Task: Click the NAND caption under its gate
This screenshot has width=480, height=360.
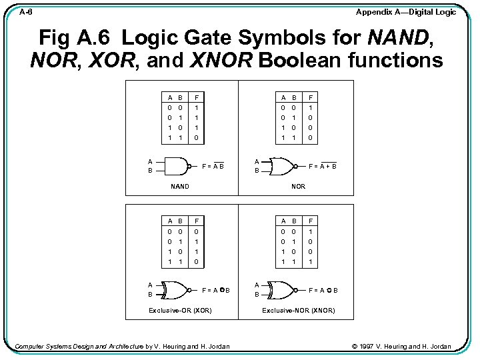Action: pos(180,187)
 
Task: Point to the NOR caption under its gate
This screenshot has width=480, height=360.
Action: pos(299,187)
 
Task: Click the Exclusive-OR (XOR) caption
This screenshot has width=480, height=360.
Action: pos(180,311)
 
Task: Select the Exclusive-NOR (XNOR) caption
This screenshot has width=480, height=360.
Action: pos(299,311)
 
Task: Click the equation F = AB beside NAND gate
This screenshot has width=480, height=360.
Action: pos(213,165)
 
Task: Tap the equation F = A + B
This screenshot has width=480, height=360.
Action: pos(322,165)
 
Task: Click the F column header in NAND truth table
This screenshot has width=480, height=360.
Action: pos(195,96)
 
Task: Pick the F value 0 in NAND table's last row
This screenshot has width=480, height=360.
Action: pos(195,138)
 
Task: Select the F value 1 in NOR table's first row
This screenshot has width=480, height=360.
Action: pos(310,107)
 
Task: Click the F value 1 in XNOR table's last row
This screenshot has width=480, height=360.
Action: pos(310,263)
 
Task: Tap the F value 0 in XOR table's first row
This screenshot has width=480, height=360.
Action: pos(195,231)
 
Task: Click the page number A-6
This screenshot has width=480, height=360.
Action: pos(26,12)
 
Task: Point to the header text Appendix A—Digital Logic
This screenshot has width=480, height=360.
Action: pos(406,12)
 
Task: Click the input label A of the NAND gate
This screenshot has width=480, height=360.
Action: pos(150,161)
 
